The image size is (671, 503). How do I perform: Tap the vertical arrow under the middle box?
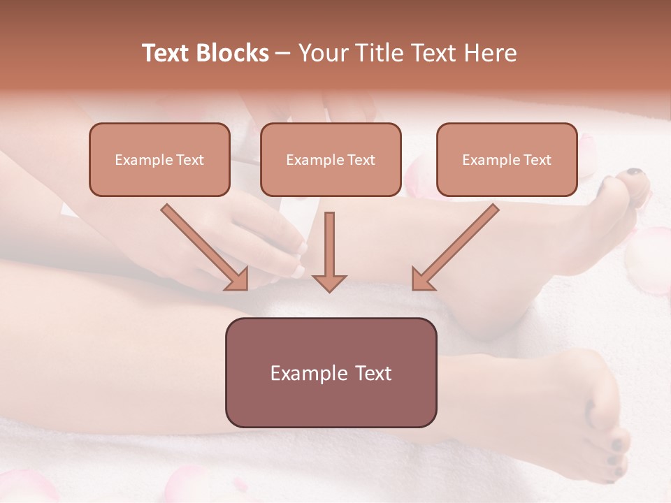(329, 251)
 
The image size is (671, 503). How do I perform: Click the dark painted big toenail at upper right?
(635, 173)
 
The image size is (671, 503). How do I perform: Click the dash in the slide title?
(283, 53)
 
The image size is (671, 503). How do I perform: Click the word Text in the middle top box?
(360, 160)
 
